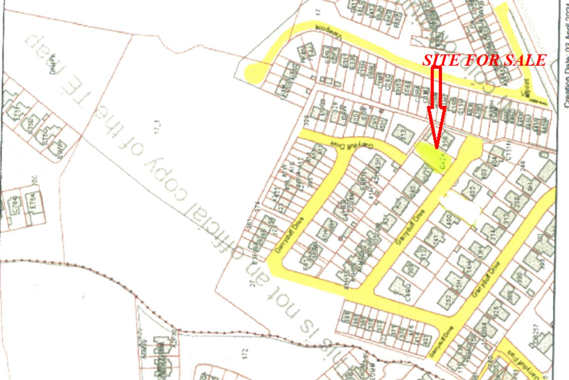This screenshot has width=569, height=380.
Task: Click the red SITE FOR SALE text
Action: [x=484, y=60]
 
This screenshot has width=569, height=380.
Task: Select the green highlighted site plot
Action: [x=431, y=156]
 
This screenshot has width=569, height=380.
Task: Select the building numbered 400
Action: [x=448, y=220]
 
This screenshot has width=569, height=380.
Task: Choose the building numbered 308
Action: [x=411, y=269]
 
